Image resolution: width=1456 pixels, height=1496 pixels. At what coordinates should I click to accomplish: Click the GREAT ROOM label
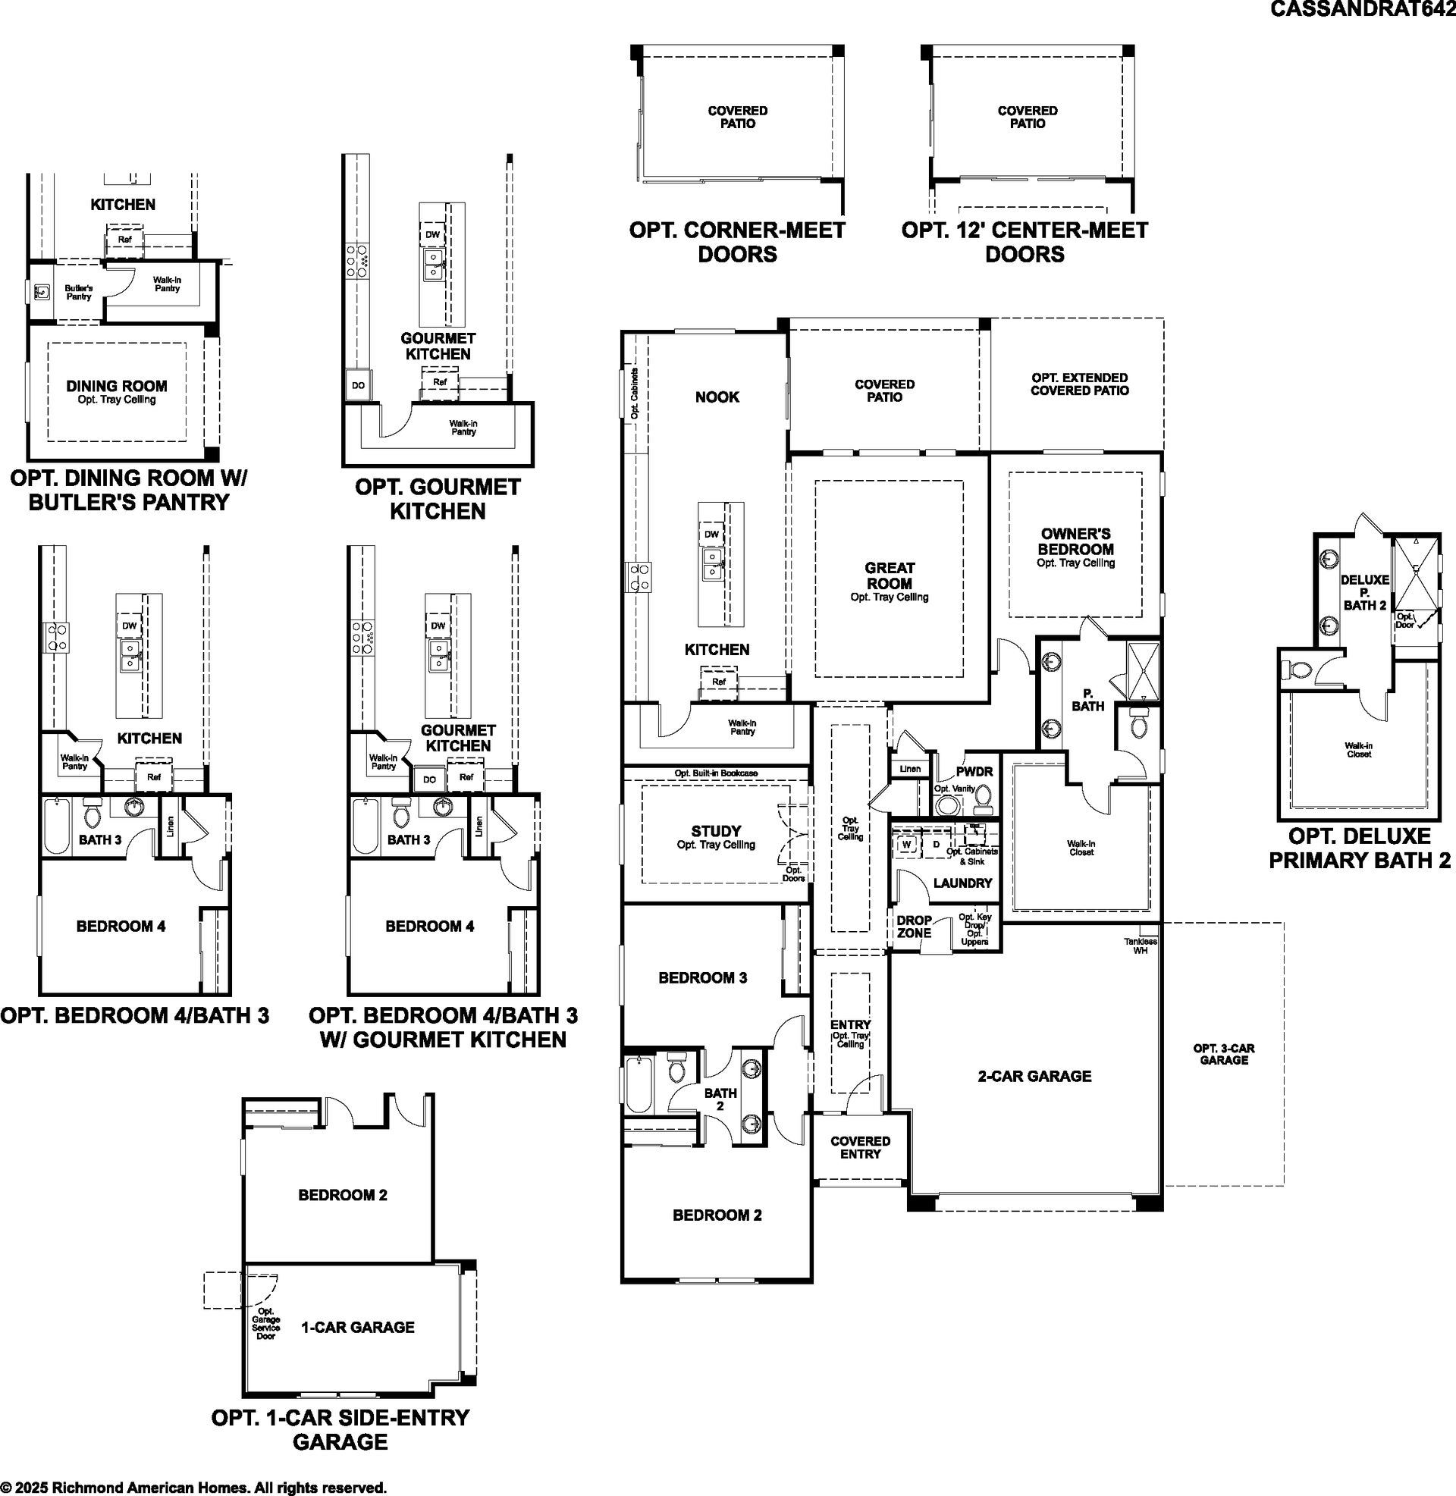[x=890, y=575]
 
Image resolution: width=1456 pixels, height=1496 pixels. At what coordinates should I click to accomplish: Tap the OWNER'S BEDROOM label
[x=1075, y=541]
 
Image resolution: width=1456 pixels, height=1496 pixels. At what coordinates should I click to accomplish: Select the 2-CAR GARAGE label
[x=1034, y=1076]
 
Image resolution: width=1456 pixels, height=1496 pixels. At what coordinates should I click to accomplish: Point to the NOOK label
[x=717, y=397]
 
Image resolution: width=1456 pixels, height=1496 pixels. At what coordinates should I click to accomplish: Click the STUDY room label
[x=716, y=831]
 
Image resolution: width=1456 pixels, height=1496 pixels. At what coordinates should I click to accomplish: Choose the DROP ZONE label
[x=914, y=927]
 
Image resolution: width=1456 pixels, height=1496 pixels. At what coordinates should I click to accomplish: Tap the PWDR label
[x=974, y=771]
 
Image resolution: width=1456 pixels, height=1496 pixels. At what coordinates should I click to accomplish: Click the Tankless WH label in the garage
[x=1141, y=946]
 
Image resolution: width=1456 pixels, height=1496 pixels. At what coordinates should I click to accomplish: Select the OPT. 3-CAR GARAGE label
[x=1223, y=1054]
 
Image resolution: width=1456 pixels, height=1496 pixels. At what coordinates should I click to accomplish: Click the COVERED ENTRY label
[x=860, y=1147]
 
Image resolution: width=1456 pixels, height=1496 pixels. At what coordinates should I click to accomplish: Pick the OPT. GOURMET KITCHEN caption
[x=438, y=498]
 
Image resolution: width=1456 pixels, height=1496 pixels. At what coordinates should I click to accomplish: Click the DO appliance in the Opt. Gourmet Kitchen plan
[x=359, y=385]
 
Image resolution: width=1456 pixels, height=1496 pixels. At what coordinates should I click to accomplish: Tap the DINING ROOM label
[x=116, y=386]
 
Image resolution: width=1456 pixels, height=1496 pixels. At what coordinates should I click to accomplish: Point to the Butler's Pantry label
[x=78, y=292]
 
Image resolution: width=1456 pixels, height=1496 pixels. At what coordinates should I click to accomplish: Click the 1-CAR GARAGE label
[x=358, y=1327]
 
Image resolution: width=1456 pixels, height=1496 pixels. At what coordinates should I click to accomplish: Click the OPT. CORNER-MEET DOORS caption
[x=737, y=242]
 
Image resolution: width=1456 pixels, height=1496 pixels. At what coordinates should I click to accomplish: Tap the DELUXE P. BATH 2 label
[x=1365, y=592]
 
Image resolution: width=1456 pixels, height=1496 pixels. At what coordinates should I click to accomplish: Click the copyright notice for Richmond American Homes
[x=193, y=1488]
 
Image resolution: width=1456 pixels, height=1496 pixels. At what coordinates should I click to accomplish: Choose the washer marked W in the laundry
[x=908, y=845]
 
